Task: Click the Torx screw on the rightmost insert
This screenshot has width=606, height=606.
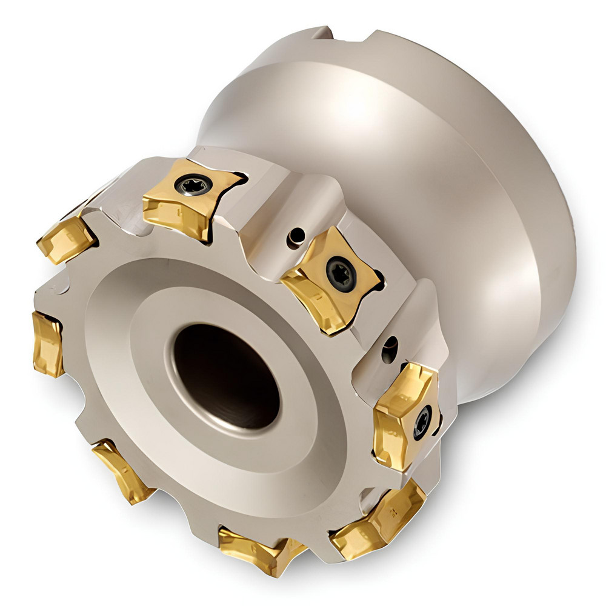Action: pos(422,421)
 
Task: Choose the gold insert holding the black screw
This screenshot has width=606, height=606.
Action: pos(330,279)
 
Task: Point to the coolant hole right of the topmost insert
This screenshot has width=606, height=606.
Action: pos(295,237)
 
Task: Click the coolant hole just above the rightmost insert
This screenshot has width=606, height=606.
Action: pos(390,349)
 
